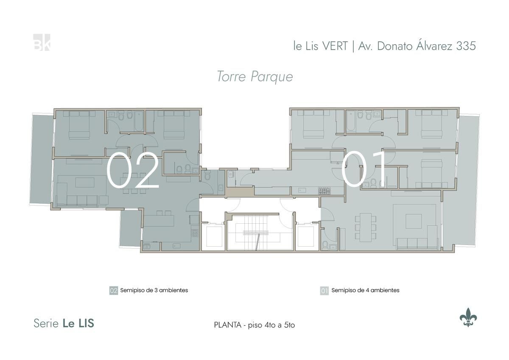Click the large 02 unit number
click(x=133, y=170)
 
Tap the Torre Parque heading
click(x=255, y=77)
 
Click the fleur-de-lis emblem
click(x=468, y=317)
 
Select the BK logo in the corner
click(x=42, y=42)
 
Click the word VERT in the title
click(x=335, y=46)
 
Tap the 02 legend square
click(x=114, y=290)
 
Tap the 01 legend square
click(x=324, y=290)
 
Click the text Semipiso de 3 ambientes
click(x=154, y=290)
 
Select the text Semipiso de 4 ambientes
click(x=365, y=290)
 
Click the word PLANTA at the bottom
click(x=228, y=325)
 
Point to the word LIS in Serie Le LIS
click(x=87, y=323)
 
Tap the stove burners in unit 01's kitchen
click(x=324, y=191)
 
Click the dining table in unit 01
click(x=365, y=228)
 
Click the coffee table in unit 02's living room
click(x=85, y=183)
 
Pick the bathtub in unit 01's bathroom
click(x=351, y=121)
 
